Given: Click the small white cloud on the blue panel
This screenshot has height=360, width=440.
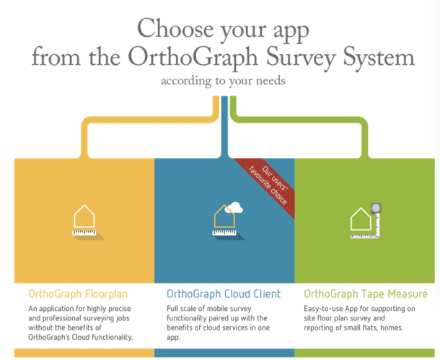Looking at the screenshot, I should (x=236, y=208).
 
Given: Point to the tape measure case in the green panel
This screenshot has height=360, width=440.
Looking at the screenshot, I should (x=376, y=208).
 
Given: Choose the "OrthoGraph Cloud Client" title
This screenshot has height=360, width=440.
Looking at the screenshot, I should (x=224, y=294).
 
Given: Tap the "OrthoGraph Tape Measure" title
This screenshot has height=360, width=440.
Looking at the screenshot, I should (x=366, y=294).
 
